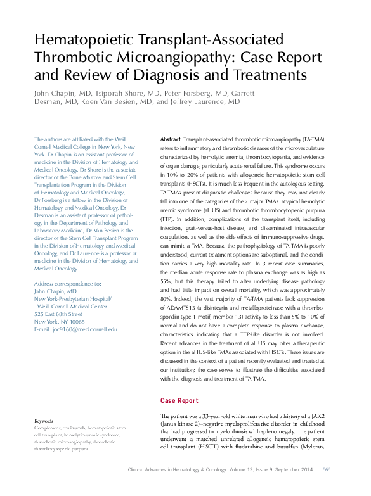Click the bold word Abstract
171,139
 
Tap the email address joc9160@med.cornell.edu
75,329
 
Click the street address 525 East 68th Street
58,314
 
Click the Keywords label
43,421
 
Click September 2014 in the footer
293,470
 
